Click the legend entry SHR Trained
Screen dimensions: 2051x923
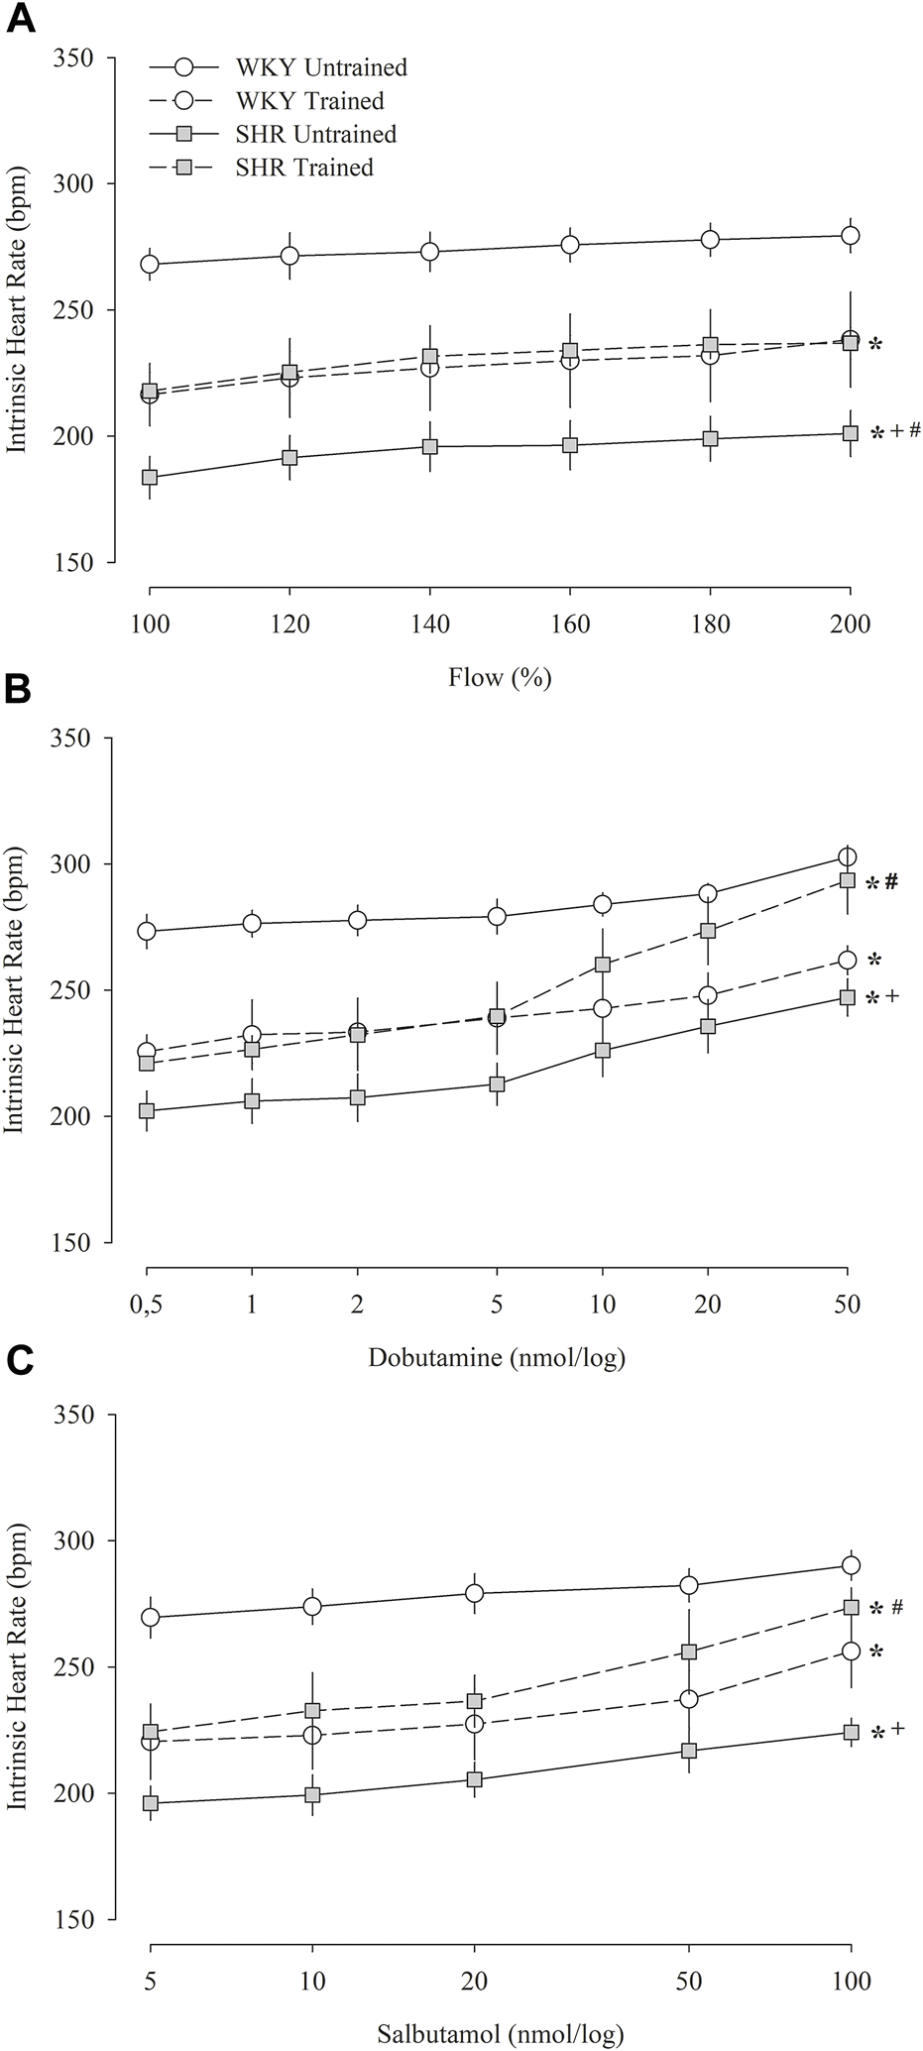[303, 167]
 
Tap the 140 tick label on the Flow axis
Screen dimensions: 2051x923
[429, 625]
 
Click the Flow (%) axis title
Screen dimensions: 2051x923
[500, 678]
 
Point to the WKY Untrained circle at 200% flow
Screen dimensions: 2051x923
[850, 235]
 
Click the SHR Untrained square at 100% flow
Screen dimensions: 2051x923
[150, 477]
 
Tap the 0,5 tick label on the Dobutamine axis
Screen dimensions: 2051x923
[147, 1305]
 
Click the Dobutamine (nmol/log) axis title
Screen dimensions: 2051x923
[497, 1357]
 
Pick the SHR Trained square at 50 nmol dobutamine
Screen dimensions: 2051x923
[847, 879]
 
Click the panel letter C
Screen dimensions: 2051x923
[19, 1372]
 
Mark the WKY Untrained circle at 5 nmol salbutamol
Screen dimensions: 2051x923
[151, 1617]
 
